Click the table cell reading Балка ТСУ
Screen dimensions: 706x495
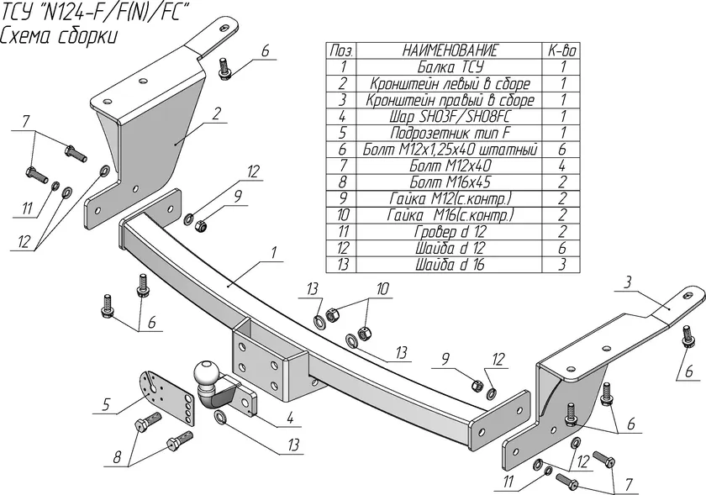pos(450,66)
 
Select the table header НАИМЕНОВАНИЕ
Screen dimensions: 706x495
pos(450,50)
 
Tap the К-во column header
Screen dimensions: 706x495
pos(562,50)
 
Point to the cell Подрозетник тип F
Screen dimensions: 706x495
pos(450,133)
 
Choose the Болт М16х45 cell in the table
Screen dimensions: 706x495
pos(450,182)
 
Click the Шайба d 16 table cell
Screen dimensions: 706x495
pos(450,265)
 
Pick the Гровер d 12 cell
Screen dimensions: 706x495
pos(450,231)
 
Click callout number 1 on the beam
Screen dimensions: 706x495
pos(274,253)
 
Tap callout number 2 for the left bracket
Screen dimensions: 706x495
pos(217,113)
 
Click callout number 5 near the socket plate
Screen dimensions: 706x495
pos(106,404)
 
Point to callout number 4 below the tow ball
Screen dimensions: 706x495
pos(291,418)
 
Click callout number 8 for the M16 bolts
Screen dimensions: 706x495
pos(118,456)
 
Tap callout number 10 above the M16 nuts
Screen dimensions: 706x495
pos(382,288)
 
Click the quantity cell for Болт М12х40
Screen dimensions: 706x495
pos(562,166)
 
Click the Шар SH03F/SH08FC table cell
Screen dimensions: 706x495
pos(450,116)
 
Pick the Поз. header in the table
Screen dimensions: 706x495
pos(341,50)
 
